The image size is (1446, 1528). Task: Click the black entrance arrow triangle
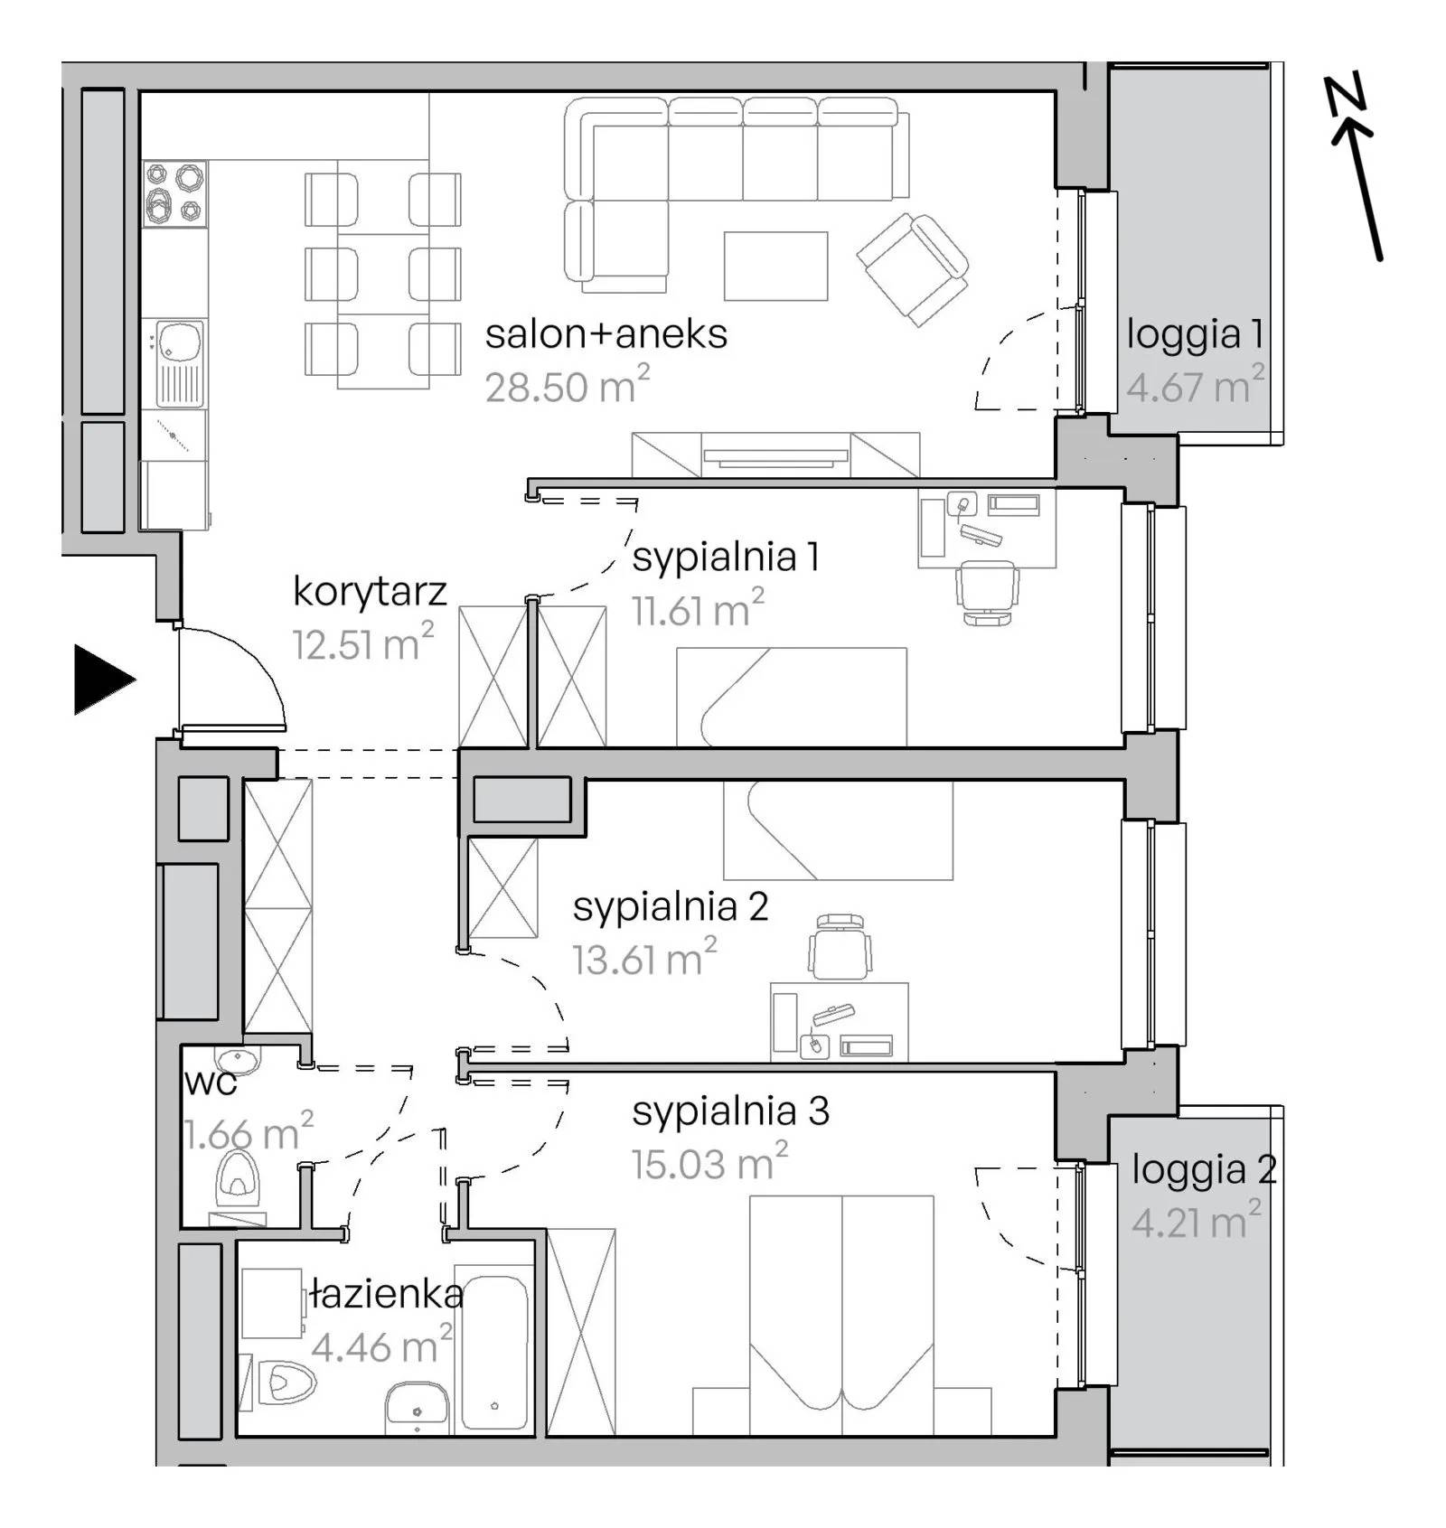(99, 679)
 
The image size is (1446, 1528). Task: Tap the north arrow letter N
(1346, 97)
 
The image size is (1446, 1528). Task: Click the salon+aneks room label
(606, 333)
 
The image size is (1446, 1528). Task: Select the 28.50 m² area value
(567, 385)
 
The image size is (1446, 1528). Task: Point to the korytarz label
(370, 592)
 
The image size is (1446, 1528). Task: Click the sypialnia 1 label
(726, 557)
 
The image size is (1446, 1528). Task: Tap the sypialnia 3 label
(730, 1111)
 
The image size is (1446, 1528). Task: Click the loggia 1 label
(1195, 334)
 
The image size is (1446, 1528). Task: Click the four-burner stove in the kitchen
(175, 193)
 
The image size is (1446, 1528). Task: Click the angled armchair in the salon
(913, 268)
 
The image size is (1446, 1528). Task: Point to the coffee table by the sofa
(775, 266)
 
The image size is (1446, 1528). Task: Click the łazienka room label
(387, 1295)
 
